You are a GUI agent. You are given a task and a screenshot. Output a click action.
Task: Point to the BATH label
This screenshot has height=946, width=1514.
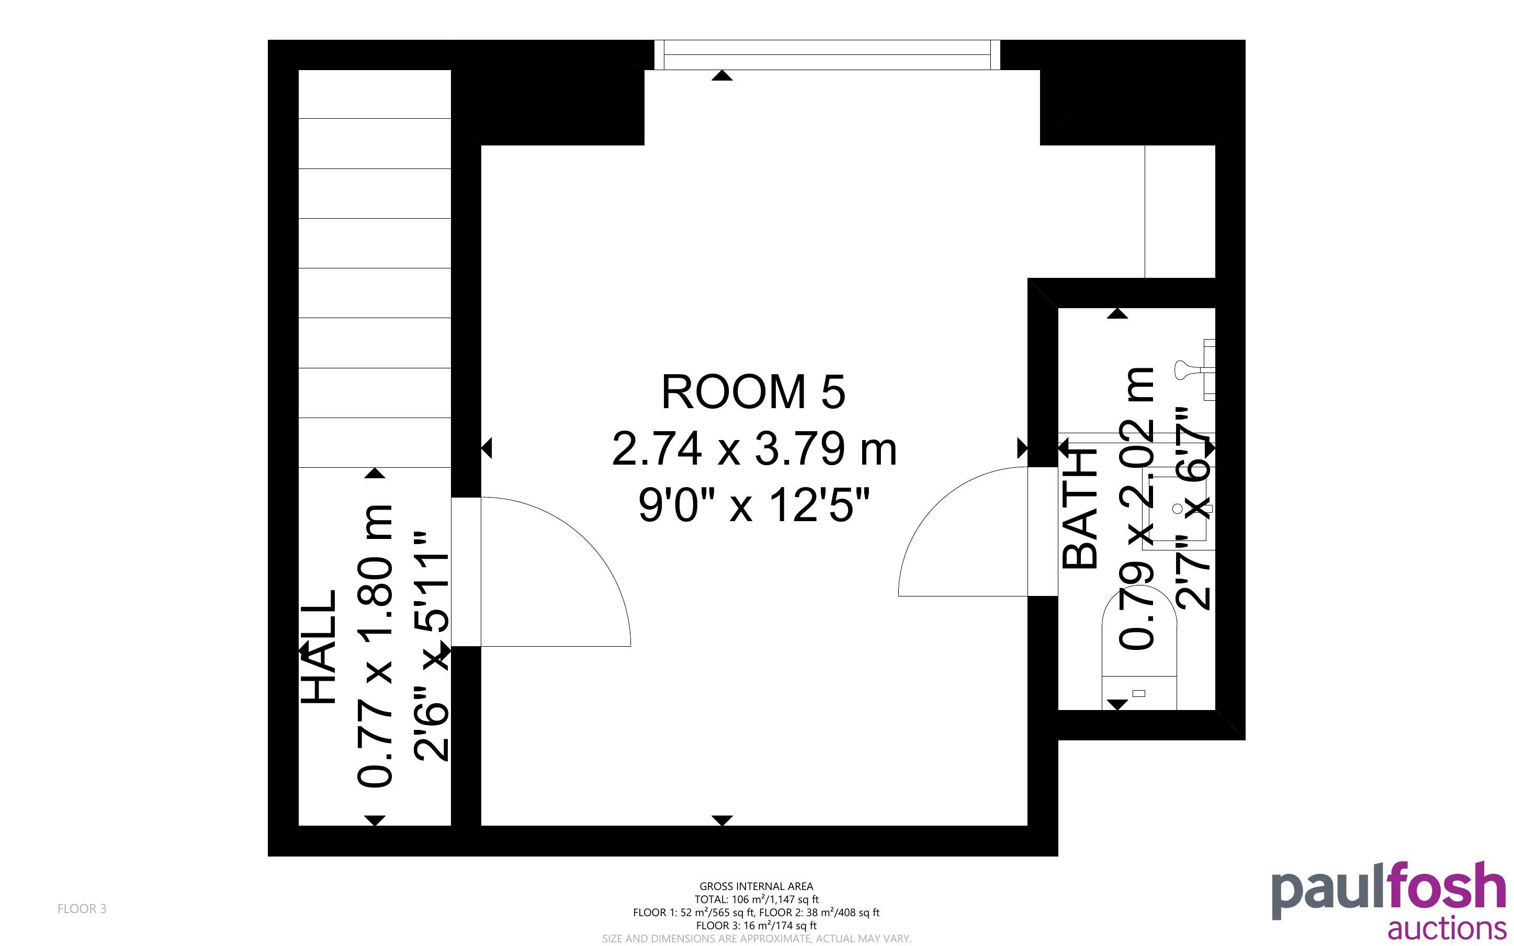(1080, 511)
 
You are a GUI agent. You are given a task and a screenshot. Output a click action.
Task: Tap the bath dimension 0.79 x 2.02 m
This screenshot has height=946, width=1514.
(1135, 508)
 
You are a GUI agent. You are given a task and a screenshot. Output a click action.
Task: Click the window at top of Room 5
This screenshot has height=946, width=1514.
(827, 55)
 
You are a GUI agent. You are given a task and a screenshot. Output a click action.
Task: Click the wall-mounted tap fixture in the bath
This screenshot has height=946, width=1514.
(1195, 370)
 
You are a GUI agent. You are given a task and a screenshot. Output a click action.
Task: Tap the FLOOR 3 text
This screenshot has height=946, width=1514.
(82, 908)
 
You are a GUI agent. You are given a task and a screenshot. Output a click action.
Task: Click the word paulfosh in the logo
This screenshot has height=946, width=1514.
(1389, 892)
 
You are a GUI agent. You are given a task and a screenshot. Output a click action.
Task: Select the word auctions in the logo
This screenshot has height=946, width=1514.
(1447, 928)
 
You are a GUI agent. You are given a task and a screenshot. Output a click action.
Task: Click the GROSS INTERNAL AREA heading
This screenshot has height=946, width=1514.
(756, 886)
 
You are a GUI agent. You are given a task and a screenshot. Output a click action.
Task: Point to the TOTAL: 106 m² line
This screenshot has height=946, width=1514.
(756, 899)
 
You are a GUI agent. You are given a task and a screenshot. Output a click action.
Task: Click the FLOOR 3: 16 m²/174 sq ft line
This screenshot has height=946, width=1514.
(756, 926)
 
